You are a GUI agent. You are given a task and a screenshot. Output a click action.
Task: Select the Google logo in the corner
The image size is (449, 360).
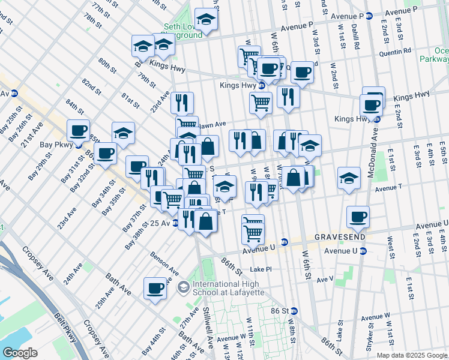pyautogui.click(x=20, y=353)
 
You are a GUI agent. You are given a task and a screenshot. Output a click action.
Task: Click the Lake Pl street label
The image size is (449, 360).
pyautogui.click(x=261, y=269)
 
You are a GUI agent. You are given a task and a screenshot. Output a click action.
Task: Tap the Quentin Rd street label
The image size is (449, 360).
pyautogui.click(x=394, y=52)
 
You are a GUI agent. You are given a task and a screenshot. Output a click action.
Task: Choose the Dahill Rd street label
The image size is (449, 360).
pyautogui.click(x=356, y=38)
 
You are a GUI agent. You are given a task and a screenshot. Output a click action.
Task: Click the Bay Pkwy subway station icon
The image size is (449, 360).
pyautogui.click(x=79, y=145)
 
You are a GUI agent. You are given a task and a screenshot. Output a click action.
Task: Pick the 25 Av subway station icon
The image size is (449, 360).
pyautogui.click(x=175, y=223)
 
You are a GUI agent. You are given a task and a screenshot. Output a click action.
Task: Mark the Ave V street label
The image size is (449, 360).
pyautogui.click(x=325, y=279)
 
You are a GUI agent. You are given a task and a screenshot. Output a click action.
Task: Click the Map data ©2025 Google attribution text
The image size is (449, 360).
pyautogui.click(x=412, y=355)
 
